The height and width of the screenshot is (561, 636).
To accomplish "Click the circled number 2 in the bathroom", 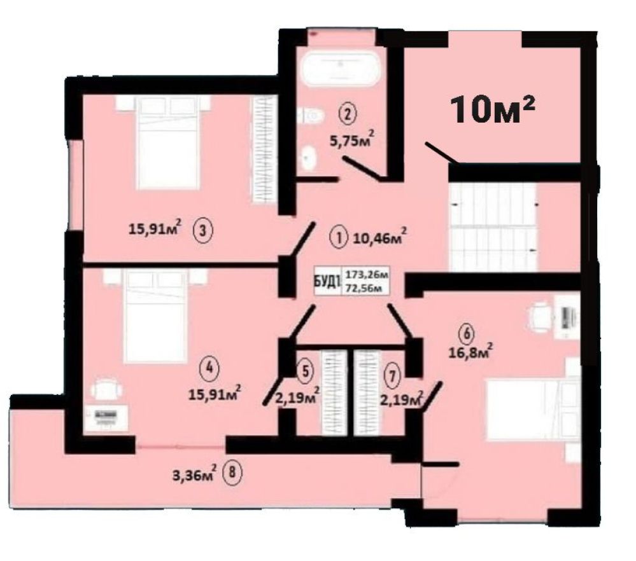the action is pos(348,114).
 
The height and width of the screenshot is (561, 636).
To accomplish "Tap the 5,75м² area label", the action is pos(351,141).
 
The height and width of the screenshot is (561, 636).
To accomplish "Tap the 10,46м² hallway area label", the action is pos(379,237).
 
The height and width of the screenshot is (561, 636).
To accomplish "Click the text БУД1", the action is pos(327,281).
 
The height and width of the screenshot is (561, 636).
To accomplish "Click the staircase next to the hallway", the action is pos(494,227).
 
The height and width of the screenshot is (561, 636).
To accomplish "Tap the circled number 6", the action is pos(467,335).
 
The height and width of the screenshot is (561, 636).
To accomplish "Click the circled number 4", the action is pos(209,369).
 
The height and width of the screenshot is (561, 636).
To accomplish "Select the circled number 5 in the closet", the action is pos(307,371).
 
